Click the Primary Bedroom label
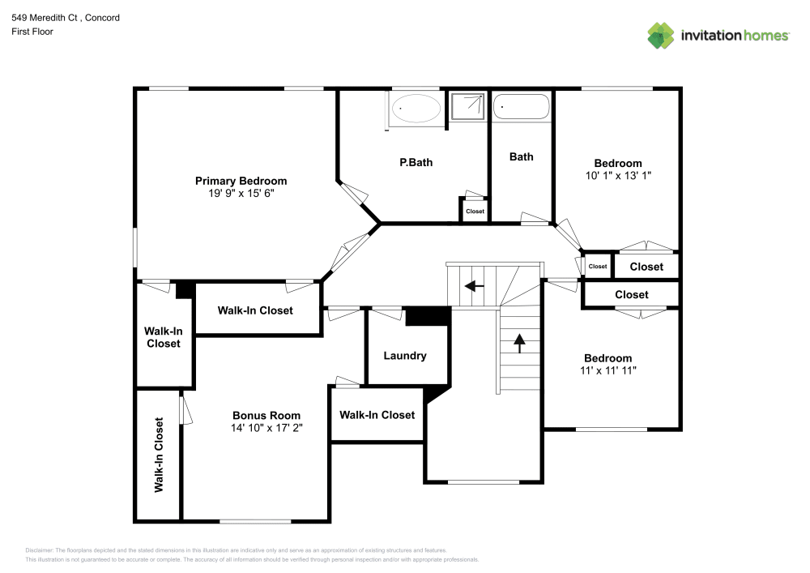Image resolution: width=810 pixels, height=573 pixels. [x=241, y=181]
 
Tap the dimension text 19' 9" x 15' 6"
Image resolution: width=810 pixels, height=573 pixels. [x=241, y=194]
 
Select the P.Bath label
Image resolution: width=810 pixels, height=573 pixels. [x=416, y=162]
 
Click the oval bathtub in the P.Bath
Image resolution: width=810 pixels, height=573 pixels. [x=416, y=108]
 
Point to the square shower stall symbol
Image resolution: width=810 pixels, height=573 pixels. [x=469, y=106]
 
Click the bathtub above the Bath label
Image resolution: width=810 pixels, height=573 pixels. [x=522, y=106]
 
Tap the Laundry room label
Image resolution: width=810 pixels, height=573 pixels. [x=404, y=356]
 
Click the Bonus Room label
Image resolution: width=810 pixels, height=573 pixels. [x=266, y=416]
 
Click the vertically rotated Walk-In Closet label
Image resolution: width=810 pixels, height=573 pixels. [x=159, y=455]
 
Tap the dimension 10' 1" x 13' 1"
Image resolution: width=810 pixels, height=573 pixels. [x=617, y=175]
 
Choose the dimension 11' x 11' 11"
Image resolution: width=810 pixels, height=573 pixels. [x=607, y=370]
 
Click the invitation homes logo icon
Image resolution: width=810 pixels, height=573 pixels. [x=661, y=36]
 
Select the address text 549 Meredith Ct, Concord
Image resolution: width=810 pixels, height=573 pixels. [x=66, y=17]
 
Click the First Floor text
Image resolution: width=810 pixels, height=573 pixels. [x=32, y=32]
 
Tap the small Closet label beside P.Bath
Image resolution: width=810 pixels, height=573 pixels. [x=475, y=212]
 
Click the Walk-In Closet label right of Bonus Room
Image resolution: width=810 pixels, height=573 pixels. [x=377, y=415]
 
